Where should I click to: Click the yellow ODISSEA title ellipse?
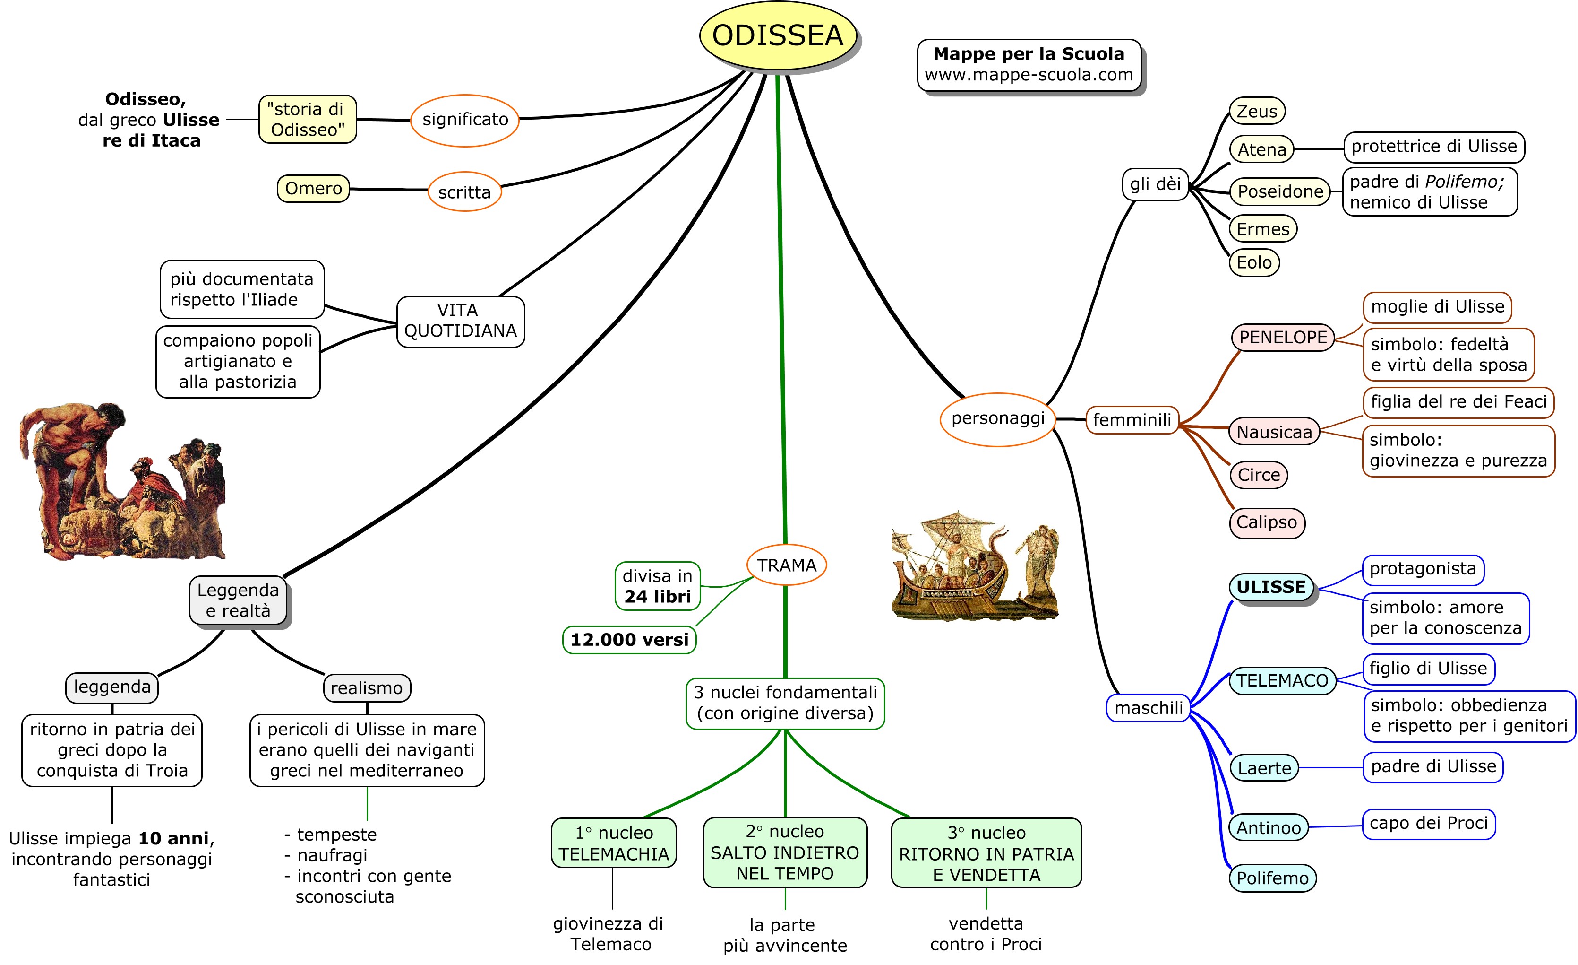click(778, 35)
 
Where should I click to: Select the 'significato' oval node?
click(464, 120)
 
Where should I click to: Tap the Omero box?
click(313, 188)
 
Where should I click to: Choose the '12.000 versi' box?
click(629, 640)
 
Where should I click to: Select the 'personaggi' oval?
click(997, 419)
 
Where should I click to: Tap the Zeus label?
click(1257, 112)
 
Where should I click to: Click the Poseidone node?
click(1279, 191)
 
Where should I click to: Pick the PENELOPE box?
click(1282, 337)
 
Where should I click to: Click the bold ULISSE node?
click(1270, 587)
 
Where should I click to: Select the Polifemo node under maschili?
click(1272, 878)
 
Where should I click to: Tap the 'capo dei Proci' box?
click(1428, 823)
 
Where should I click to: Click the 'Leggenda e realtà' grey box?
click(238, 600)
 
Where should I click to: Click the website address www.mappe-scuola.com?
click(1029, 75)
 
